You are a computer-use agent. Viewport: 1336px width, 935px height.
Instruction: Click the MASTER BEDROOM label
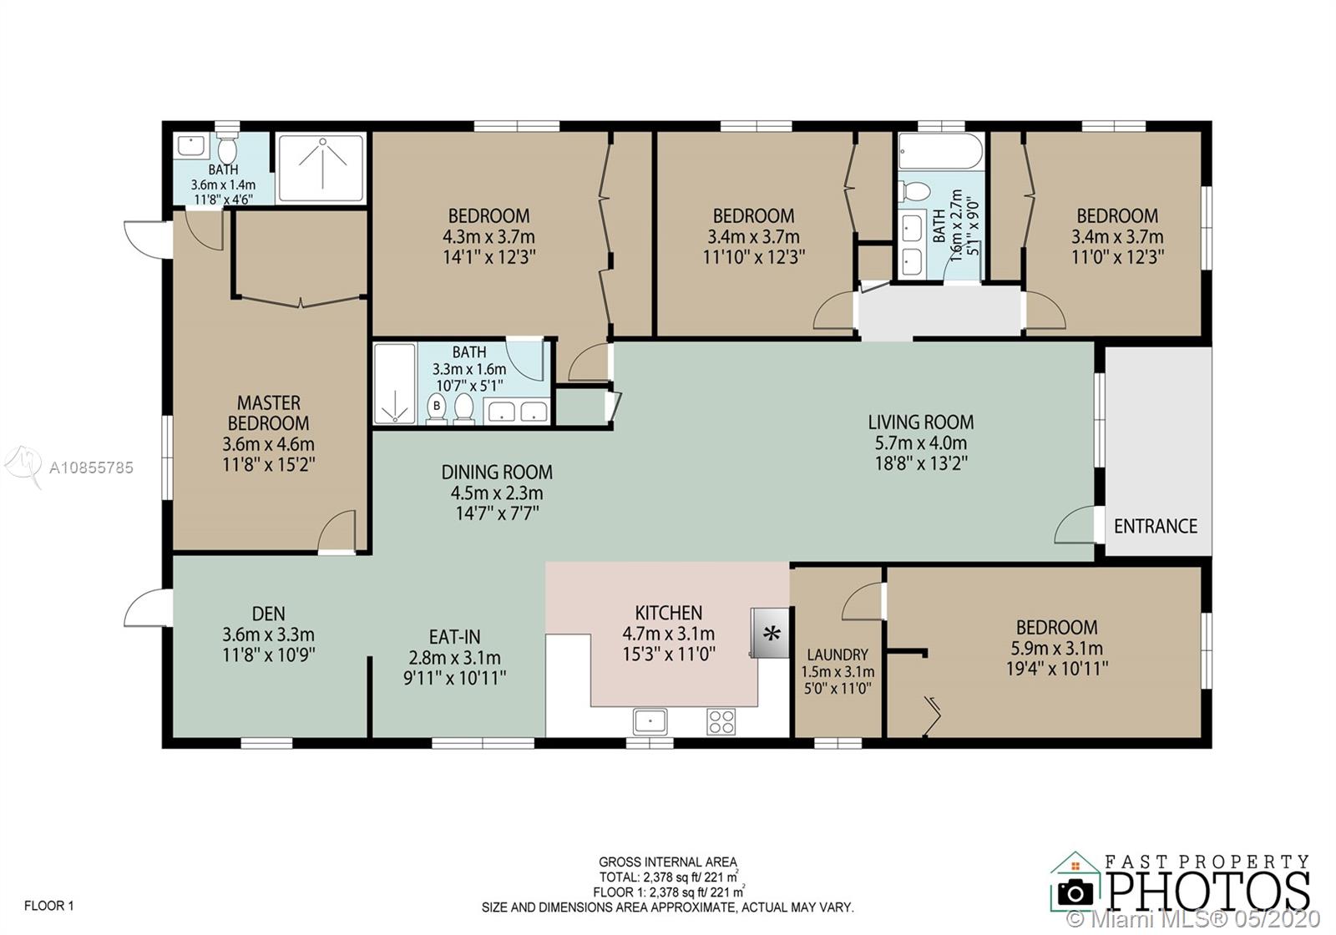pos(268,412)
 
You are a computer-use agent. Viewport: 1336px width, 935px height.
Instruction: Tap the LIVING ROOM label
pos(920,422)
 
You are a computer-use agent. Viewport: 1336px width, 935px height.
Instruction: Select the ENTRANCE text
pos(1155,526)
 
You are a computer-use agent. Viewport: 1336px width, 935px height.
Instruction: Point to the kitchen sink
pos(649,720)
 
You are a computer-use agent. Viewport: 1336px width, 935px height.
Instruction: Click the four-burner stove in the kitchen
pos(721,720)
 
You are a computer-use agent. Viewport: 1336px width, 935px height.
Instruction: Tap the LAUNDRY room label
pos(837,654)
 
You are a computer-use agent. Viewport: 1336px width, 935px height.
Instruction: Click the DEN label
pos(268,614)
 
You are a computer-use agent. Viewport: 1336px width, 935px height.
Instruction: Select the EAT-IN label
pos(454,637)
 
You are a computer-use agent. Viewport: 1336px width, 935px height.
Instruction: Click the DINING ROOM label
pos(497,472)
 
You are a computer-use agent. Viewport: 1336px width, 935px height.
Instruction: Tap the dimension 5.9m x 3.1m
pos(1056,648)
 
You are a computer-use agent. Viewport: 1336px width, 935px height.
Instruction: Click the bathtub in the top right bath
pos(940,151)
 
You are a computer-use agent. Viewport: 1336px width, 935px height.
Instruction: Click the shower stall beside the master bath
pos(320,167)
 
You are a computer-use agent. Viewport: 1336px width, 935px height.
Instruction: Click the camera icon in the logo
pos(1075,893)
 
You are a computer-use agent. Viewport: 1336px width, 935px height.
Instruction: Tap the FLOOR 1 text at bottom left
pos(49,905)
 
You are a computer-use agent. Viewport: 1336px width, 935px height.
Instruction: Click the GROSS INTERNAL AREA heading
pos(667,862)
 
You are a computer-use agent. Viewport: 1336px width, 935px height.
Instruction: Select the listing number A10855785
pos(91,467)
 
